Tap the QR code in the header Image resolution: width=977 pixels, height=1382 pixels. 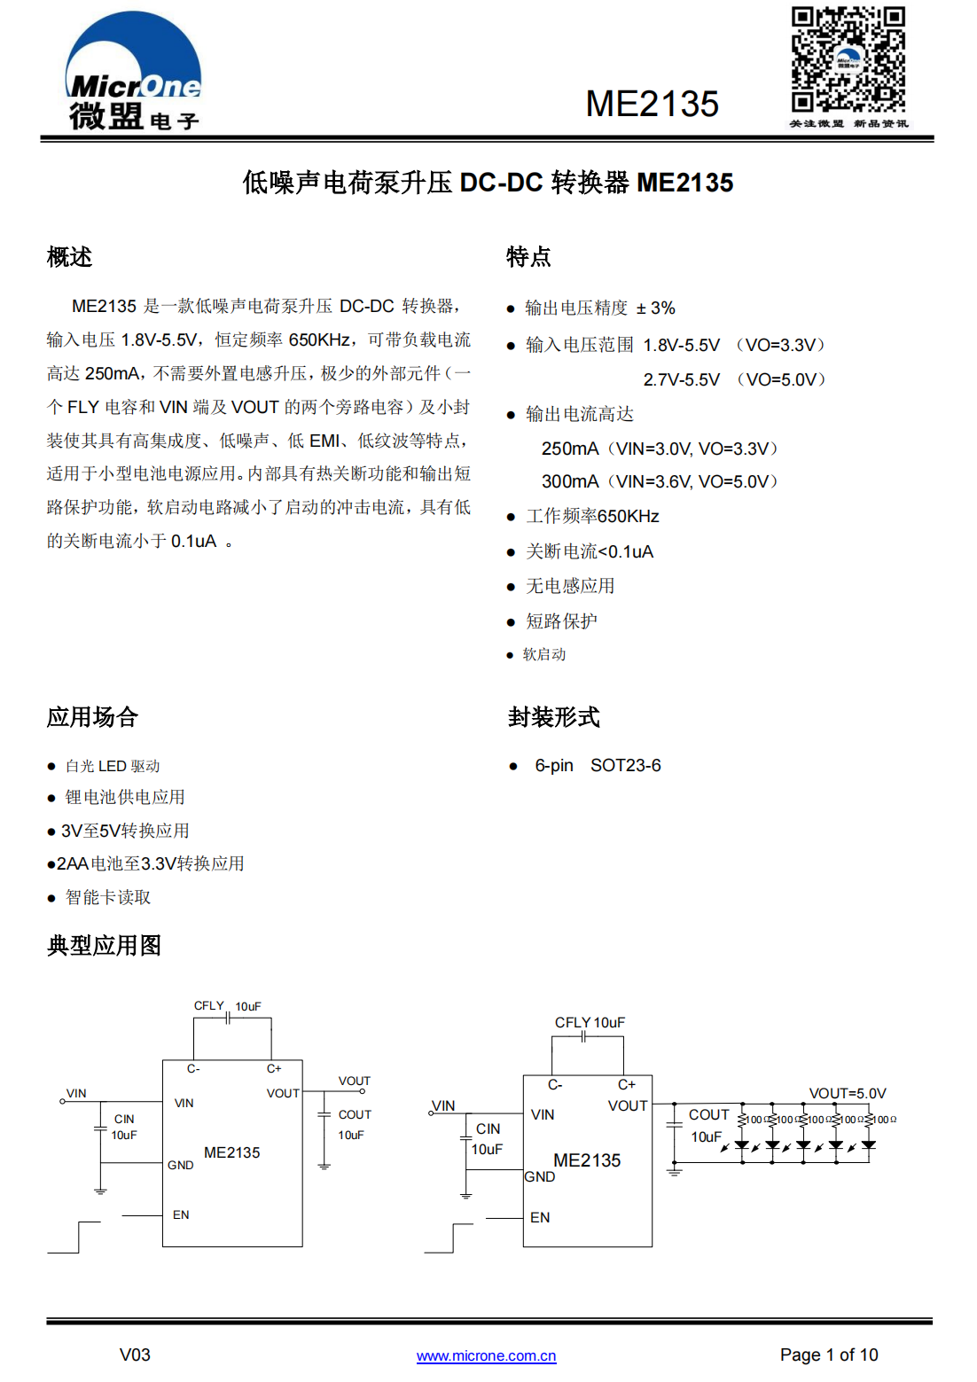pos(848,59)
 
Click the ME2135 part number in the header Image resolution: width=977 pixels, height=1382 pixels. pos(652,104)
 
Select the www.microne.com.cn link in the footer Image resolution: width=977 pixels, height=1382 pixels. pos(486,1355)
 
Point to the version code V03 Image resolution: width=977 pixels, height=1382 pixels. pos(135,1355)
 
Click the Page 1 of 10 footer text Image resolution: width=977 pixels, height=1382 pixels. pos(828,1355)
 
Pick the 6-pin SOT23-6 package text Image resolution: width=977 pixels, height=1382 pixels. pos(598,765)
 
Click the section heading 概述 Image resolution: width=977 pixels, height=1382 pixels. pos(69,257)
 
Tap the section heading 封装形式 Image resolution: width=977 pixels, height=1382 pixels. pos(553,716)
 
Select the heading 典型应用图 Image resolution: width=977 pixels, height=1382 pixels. pos(104,945)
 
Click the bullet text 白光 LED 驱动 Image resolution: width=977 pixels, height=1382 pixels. pos(113,766)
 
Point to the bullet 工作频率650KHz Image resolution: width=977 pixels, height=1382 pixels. pos(592,516)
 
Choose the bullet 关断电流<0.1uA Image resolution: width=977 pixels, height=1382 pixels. pos(590,551)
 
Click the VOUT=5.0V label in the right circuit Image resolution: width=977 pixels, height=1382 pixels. pos(847,1093)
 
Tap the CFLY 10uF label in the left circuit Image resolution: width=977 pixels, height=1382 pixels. pos(227,1006)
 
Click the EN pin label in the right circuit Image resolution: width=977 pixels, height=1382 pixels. pos(540,1217)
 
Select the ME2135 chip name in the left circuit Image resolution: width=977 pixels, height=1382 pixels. pos(231,1152)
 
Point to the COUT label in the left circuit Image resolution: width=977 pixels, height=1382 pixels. pos(355,1114)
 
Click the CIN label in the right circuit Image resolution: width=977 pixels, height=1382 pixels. pos(488,1128)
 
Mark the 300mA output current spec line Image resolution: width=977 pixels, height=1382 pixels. pos(660,481)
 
